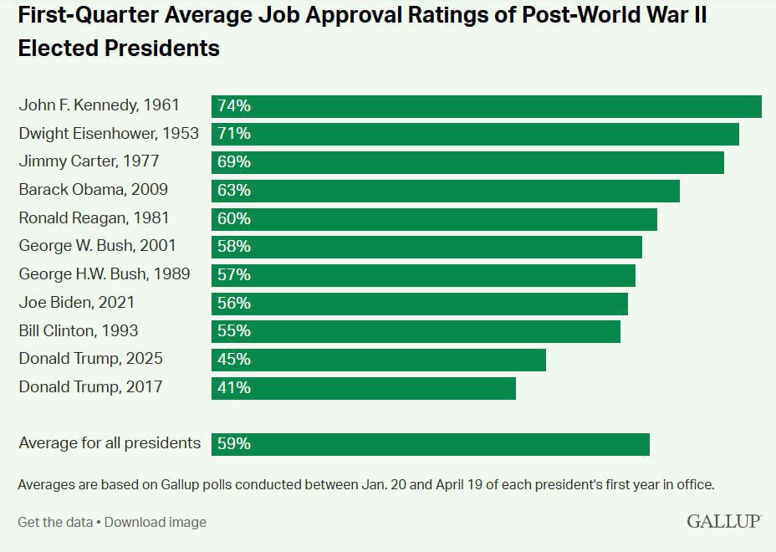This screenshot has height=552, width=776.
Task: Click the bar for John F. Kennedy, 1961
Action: (x=486, y=106)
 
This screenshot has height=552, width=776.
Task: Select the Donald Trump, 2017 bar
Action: (x=364, y=387)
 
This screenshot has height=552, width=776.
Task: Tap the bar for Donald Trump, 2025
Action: (x=379, y=360)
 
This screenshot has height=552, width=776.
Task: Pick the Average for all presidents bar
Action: (x=431, y=444)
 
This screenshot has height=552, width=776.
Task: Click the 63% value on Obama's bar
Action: (x=234, y=191)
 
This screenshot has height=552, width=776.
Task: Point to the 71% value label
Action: (x=234, y=134)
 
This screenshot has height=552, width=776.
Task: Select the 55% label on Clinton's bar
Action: (x=234, y=331)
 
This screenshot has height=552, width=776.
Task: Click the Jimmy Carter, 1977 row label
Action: (x=89, y=161)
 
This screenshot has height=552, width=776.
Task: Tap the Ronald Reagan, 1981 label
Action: (x=94, y=218)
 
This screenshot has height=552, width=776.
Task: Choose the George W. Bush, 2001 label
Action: (x=98, y=247)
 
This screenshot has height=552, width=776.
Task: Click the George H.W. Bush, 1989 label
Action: (x=105, y=274)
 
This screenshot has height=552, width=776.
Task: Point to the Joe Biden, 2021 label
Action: (x=76, y=303)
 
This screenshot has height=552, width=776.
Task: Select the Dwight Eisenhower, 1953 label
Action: (x=109, y=134)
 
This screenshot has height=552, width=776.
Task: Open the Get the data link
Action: (x=55, y=522)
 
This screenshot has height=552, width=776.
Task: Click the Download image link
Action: (x=156, y=522)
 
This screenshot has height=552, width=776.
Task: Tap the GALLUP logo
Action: (x=724, y=521)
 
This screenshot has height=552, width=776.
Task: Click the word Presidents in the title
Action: (x=162, y=48)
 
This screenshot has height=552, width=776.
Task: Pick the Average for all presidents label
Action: (x=110, y=443)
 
